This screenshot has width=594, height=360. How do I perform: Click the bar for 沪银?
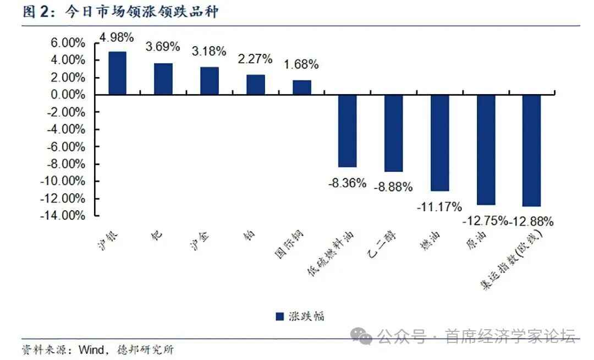pyautogui.click(x=117, y=73)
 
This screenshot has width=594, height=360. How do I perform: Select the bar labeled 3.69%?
pyautogui.click(x=163, y=79)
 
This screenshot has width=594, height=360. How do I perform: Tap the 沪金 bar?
pyautogui.click(x=209, y=81)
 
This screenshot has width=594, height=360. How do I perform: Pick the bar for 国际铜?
pyautogui.click(x=301, y=88)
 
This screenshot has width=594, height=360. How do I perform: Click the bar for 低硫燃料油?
pyautogui.click(x=347, y=131)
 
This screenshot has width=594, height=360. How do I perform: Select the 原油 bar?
pyautogui.click(x=486, y=150)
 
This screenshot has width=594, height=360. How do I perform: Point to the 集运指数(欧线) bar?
pyautogui.click(x=531, y=150)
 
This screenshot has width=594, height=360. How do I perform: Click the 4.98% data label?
pyautogui.click(x=116, y=37)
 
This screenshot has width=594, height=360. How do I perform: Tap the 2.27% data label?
pyautogui.click(x=255, y=59)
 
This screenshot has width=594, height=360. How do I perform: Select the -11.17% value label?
pyautogui.click(x=439, y=207)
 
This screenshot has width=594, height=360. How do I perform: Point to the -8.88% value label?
pyautogui.click(x=393, y=187)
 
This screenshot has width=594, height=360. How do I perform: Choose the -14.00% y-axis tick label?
pyautogui.click(x=63, y=215)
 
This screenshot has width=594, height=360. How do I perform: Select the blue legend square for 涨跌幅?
pyautogui.click(x=279, y=316)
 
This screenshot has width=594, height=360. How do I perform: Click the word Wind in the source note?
pyautogui.click(x=91, y=350)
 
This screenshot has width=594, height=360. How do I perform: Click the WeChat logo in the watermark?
pyautogui.click(x=362, y=335)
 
